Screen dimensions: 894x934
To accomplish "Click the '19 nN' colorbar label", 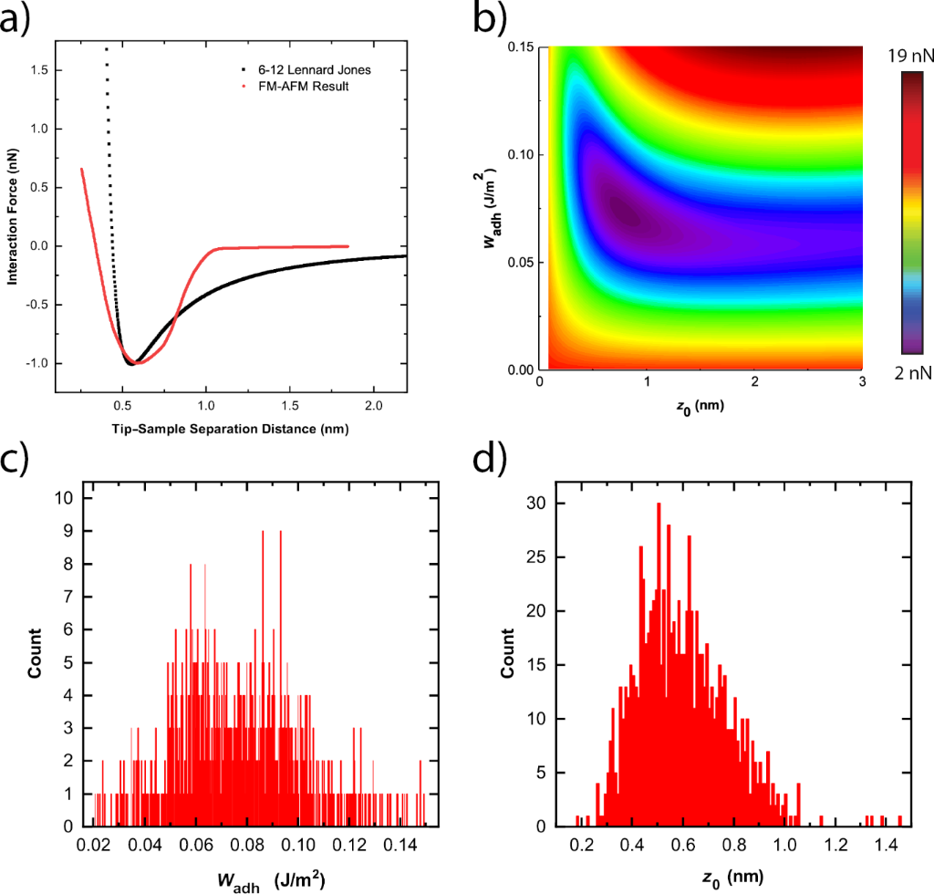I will [908, 56].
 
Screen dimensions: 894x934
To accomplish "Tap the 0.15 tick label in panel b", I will [521, 47].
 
